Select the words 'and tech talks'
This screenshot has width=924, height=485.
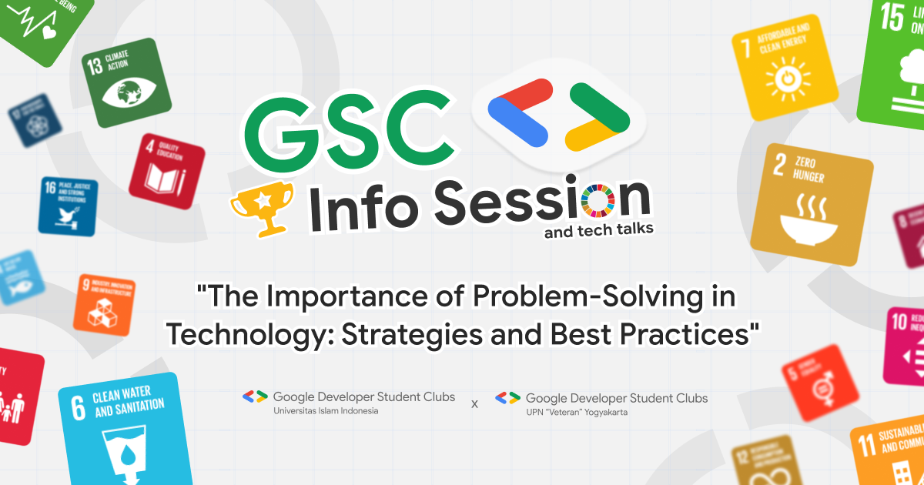coord(599,230)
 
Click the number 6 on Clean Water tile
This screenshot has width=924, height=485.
coord(78,408)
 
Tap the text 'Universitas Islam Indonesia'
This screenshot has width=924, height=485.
coord(326,411)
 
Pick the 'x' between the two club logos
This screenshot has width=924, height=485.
coord(474,403)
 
